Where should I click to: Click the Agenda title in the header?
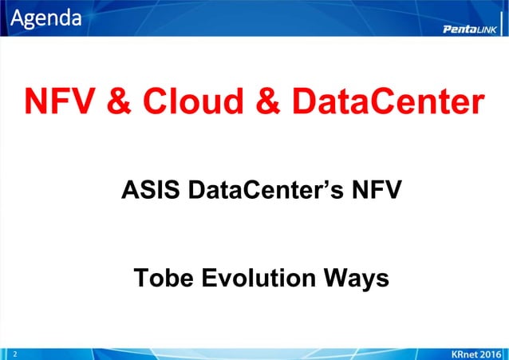[x=45, y=17]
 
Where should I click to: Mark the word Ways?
[x=356, y=279]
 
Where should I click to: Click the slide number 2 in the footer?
[x=14, y=352]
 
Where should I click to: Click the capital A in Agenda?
[x=16, y=17]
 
